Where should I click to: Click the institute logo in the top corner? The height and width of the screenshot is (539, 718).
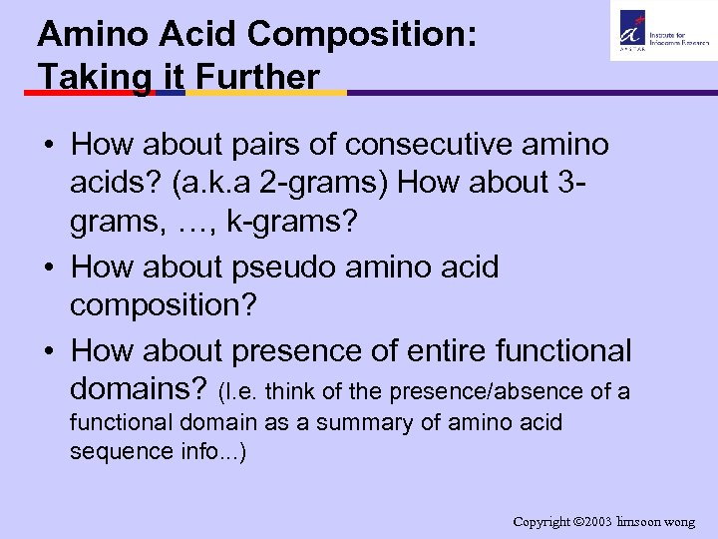coord(659,30)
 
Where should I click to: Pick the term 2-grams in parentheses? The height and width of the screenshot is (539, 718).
coord(374,182)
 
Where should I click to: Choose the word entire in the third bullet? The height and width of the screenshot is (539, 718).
coord(442,350)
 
